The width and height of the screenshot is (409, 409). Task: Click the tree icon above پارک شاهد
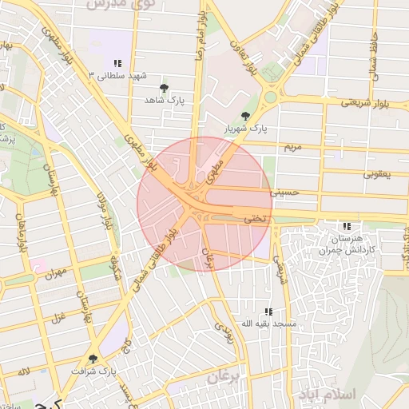[165, 87]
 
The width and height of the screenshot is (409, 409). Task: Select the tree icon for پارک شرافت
[93, 359]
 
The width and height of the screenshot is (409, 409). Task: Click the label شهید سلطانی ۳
[120, 76]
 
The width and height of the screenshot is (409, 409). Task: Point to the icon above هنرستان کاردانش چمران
[346, 226]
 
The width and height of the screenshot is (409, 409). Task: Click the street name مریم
[292, 148]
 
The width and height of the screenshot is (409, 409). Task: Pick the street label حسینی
[284, 192]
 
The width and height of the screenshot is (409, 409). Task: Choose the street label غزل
[58, 318]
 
